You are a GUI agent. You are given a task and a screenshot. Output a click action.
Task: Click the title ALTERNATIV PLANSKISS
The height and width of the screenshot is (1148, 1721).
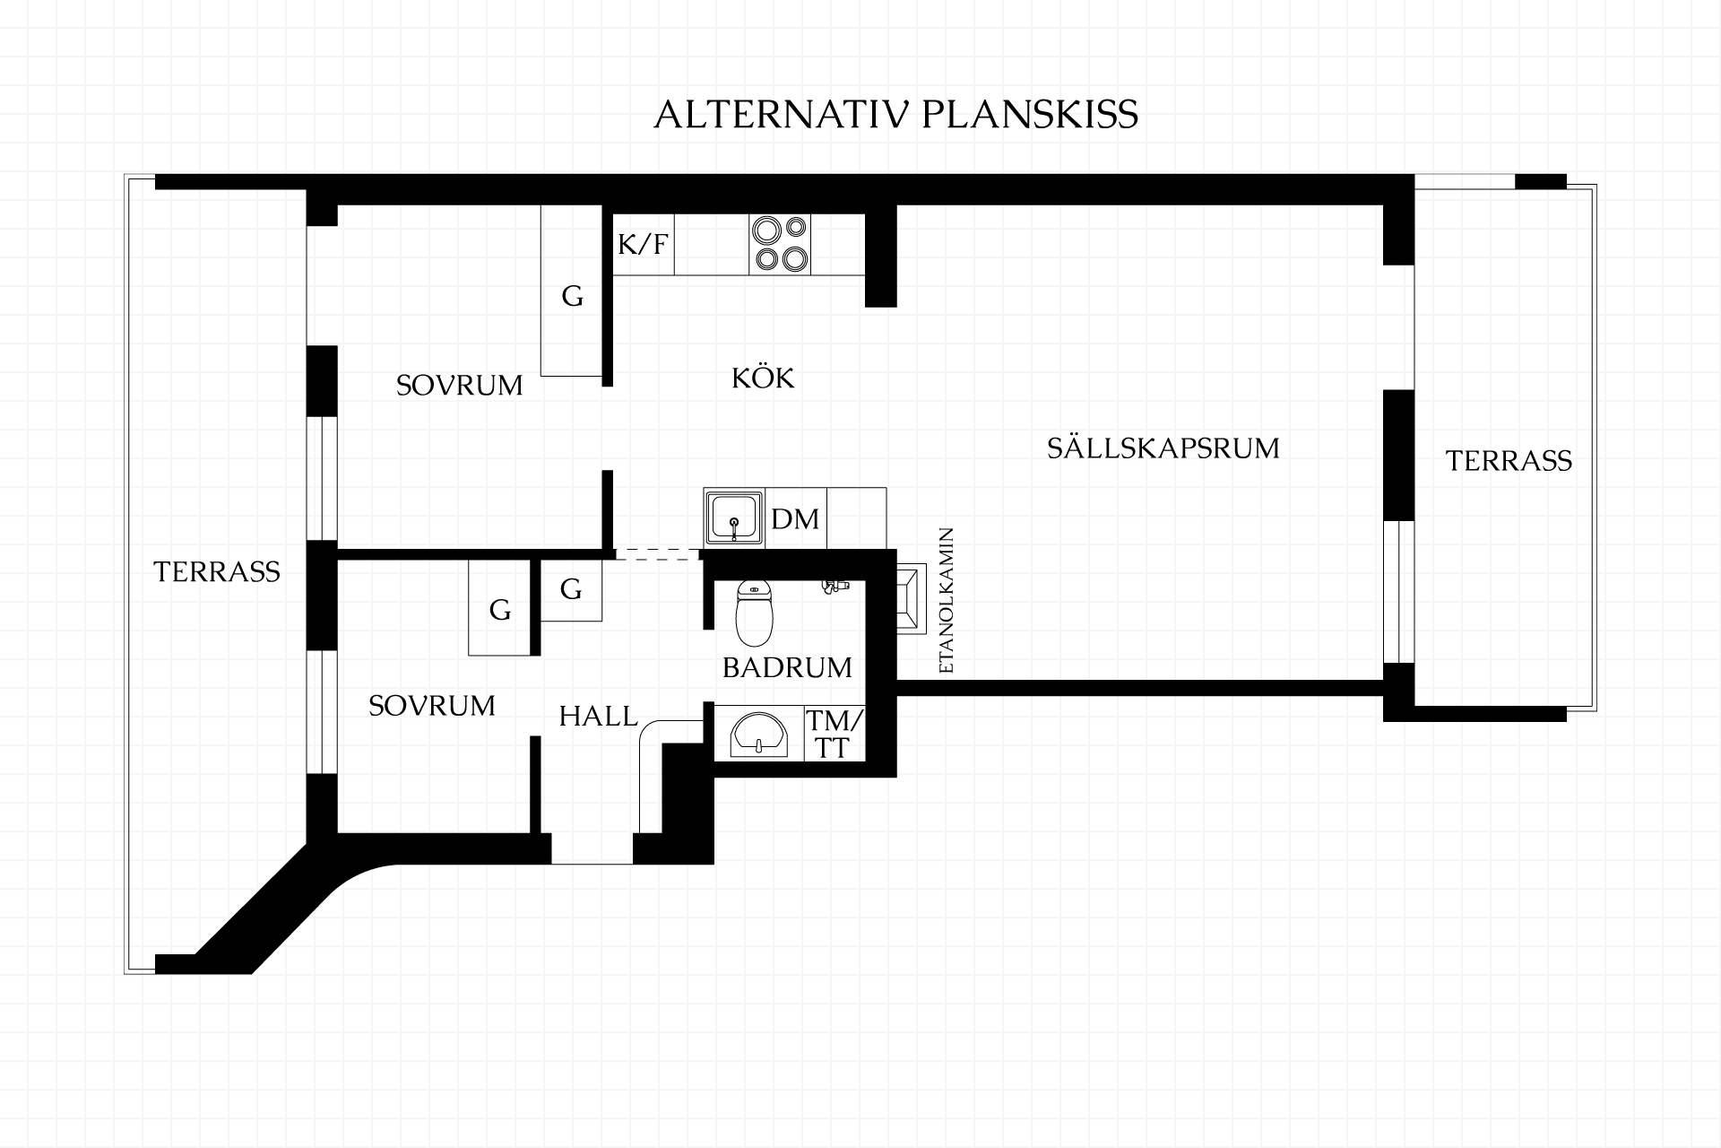(x=895, y=115)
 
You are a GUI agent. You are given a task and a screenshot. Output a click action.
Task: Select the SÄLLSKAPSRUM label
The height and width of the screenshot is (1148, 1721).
(x=1163, y=447)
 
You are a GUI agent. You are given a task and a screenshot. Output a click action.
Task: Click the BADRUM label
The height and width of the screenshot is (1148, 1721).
(x=787, y=667)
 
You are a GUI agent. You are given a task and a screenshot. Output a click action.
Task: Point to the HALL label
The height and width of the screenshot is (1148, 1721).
(x=598, y=716)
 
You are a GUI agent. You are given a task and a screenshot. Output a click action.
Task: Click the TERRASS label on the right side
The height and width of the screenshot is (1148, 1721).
(x=1509, y=461)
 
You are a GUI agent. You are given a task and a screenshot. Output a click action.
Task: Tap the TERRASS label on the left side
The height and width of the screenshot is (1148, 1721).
(x=217, y=571)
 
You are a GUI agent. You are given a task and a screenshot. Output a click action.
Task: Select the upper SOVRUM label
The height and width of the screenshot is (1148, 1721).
(x=459, y=386)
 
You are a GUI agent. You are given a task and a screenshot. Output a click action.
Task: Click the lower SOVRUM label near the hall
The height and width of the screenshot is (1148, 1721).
(x=432, y=706)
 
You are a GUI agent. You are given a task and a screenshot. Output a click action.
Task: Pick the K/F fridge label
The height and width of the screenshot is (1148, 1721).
(x=644, y=244)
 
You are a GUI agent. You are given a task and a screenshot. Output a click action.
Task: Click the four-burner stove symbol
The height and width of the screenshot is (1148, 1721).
(x=780, y=244)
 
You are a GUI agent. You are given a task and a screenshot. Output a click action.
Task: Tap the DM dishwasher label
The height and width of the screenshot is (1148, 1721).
(x=795, y=518)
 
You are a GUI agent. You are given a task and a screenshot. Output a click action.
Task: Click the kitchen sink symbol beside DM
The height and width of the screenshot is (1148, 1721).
(x=734, y=517)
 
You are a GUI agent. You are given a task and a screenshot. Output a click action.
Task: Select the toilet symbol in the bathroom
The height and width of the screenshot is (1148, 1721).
(x=754, y=613)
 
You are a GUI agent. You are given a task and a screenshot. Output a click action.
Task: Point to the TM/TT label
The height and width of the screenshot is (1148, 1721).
(x=834, y=735)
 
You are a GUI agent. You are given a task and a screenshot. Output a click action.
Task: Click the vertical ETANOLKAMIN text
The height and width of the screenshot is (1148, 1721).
(x=946, y=601)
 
